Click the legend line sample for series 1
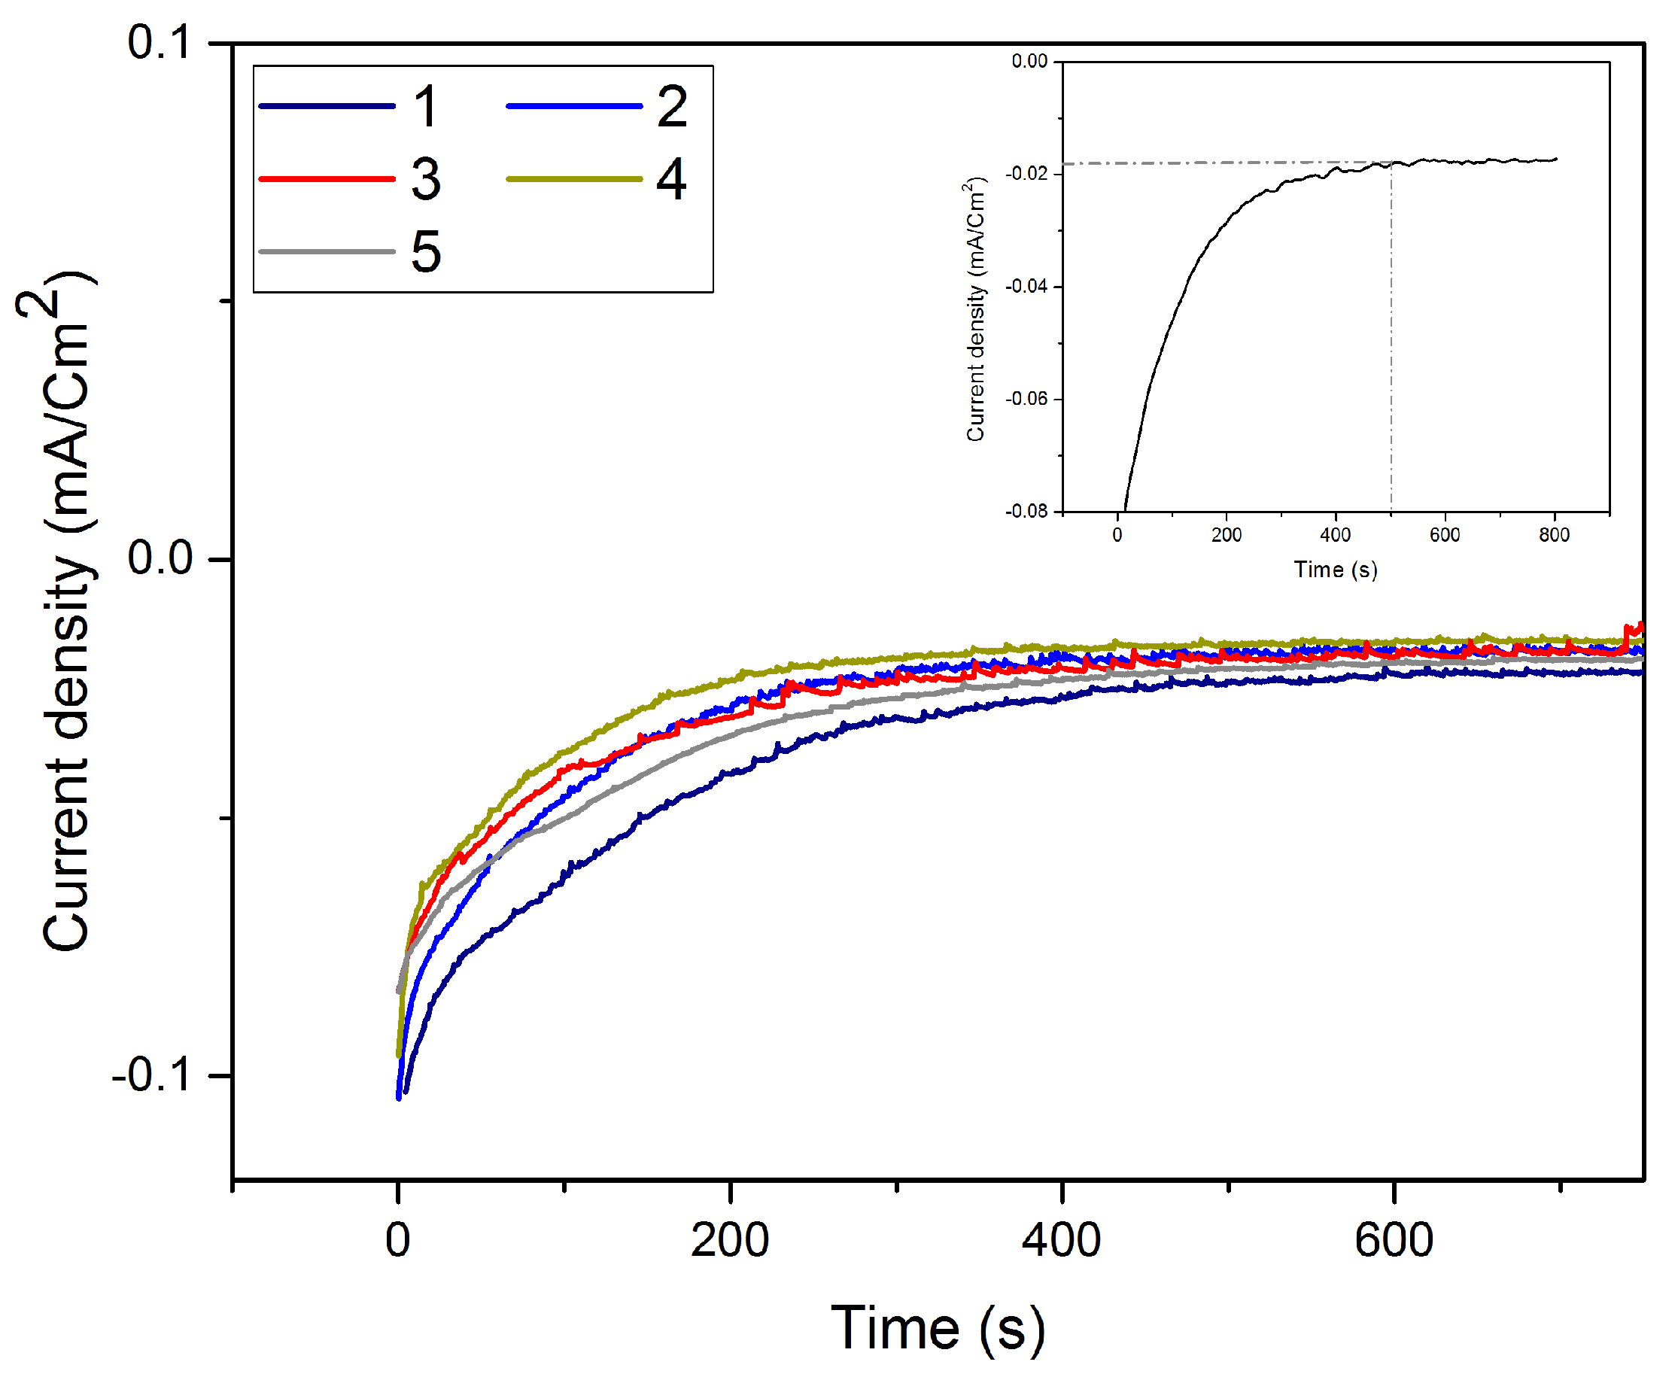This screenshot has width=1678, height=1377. click(327, 106)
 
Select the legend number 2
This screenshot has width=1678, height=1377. click(672, 106)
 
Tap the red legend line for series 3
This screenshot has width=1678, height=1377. click(327, 179)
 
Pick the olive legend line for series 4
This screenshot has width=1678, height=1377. click(574, 179)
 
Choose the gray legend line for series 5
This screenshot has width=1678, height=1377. click(327, 252)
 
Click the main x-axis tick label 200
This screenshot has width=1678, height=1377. click(730, 1241)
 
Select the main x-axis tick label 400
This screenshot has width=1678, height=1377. click(1062, 1241)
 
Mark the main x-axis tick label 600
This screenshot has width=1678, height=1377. click(1394, 1241)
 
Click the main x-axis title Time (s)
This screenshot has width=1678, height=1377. click(938, 1328)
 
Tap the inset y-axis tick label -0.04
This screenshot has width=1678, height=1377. click(1026, 287)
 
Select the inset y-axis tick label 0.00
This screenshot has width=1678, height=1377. click(1029, 62)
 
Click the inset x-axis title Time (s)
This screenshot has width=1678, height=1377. click(1336, 570)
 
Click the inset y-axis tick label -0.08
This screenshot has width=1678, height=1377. click(1026, 512)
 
